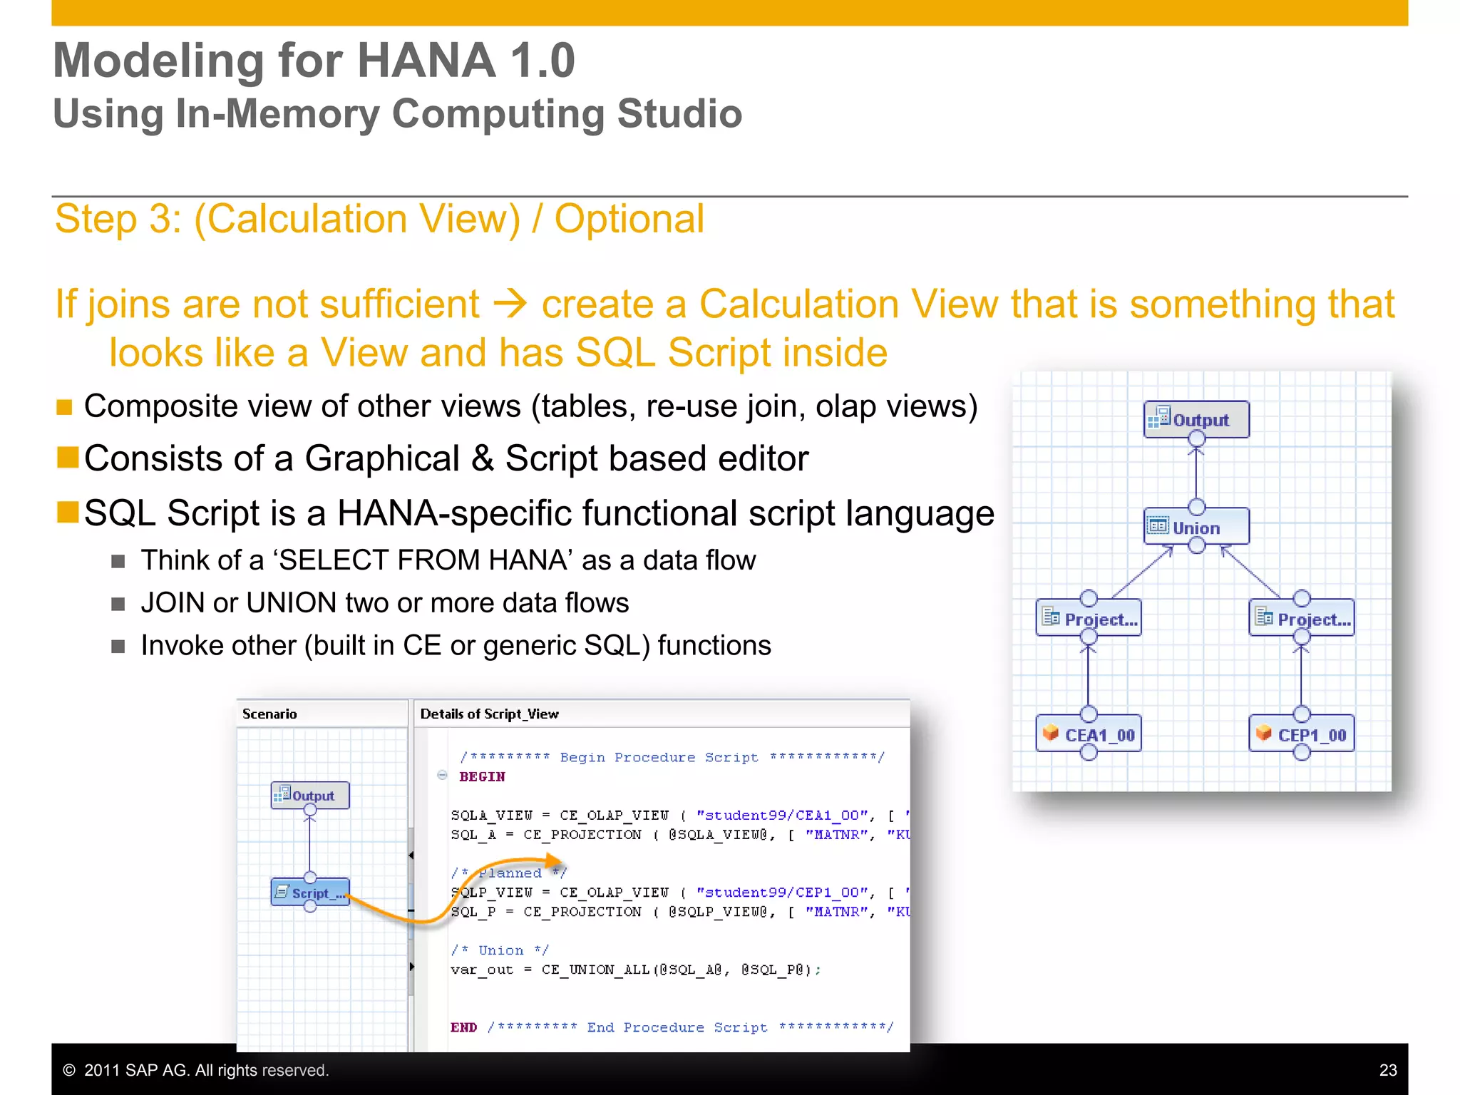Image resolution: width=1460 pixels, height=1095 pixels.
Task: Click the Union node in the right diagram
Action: pyautogui.click(x=1196, y=527)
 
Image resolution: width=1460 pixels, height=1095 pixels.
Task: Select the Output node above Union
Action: pyautogui.click(x=1196, y=419)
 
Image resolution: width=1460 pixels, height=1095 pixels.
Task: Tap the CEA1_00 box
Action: pyautogui.click(x=1088, y=734)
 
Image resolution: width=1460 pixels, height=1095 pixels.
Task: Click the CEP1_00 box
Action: pyautogui.click(x=1301, y=734)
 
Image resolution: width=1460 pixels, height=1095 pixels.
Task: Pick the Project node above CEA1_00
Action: pyautogui.click(x=1088, y=618)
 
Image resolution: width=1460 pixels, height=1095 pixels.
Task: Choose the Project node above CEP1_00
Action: pyautogui.click(x=1301, y=618)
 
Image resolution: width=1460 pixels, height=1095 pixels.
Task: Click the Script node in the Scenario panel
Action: pyautogui.click(x=310, y=893)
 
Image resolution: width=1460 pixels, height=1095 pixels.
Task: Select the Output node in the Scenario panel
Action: pyautogui.click(x=310, y=795)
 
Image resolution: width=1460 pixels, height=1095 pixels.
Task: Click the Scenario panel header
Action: pyautogui.click(x=269, y=714)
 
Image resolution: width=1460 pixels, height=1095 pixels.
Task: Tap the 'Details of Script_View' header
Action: pyautogui.click(x=489, y=714)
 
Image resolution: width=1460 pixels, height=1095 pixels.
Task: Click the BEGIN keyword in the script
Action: pyautogui.click(x=482, y=776)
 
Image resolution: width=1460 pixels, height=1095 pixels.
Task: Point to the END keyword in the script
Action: pyautogui.click(x=463, y=1027)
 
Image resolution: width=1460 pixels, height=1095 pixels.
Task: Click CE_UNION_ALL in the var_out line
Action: pyautogui.click(x=595, y=970)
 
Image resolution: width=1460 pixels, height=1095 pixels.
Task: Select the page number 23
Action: pyautogui.click(x=1387, y=1070)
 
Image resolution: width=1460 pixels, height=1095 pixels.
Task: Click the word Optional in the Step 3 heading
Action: pyautogui.click(x=629, y=219)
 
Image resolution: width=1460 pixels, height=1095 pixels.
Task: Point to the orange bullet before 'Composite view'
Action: pyautogui.click(x=65, y=407)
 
